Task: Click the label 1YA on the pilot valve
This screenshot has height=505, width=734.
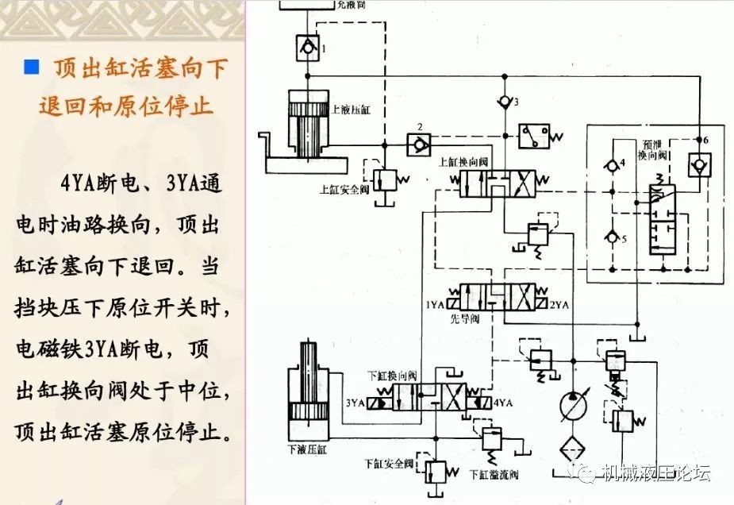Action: tap(435, 305)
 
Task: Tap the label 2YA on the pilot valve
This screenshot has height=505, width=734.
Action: tap(560, 305)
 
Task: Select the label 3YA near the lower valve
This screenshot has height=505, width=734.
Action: tap(354, 403)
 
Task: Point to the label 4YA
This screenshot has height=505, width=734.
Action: tap(503, 403)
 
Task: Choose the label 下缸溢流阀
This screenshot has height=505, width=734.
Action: tap(493, 475)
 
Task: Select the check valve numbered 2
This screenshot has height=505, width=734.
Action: tap(419, 145)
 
